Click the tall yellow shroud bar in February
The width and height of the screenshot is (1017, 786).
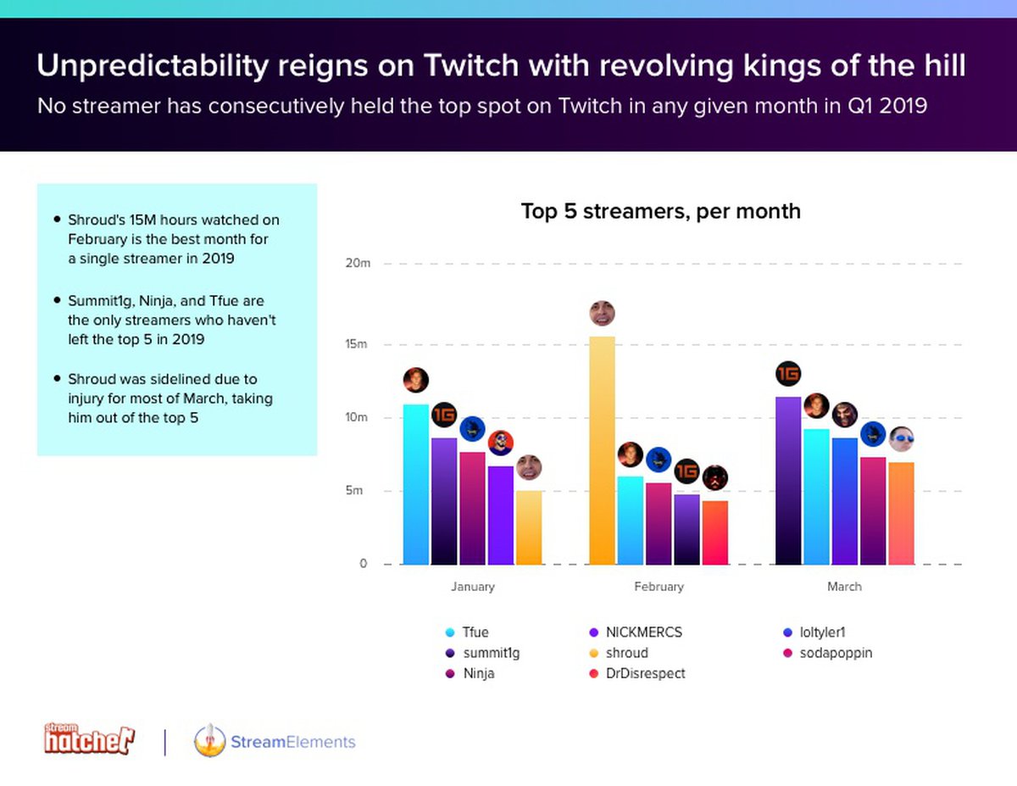602,449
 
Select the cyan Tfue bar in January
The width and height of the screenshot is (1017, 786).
415,483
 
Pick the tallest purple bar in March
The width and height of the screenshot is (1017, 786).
788,480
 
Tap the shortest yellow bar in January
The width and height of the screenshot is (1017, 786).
529,527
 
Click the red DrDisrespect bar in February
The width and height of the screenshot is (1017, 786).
714,532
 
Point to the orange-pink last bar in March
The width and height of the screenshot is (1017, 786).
901,513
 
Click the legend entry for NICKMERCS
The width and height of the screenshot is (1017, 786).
643,632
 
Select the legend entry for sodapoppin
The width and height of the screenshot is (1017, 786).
835,653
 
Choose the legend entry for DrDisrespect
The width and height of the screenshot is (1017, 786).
645,673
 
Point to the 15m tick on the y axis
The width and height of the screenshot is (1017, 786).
358,344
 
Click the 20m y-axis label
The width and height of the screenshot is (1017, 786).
358,264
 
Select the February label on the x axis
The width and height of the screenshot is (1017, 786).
659,586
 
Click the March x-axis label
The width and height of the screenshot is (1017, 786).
844,586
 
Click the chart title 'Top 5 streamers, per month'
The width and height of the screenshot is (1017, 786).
660,210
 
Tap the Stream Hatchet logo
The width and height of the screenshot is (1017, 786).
89,739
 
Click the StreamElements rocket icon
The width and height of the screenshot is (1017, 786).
208,740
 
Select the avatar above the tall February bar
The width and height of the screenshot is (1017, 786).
602,313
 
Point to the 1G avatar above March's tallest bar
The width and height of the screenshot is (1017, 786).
788,373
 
